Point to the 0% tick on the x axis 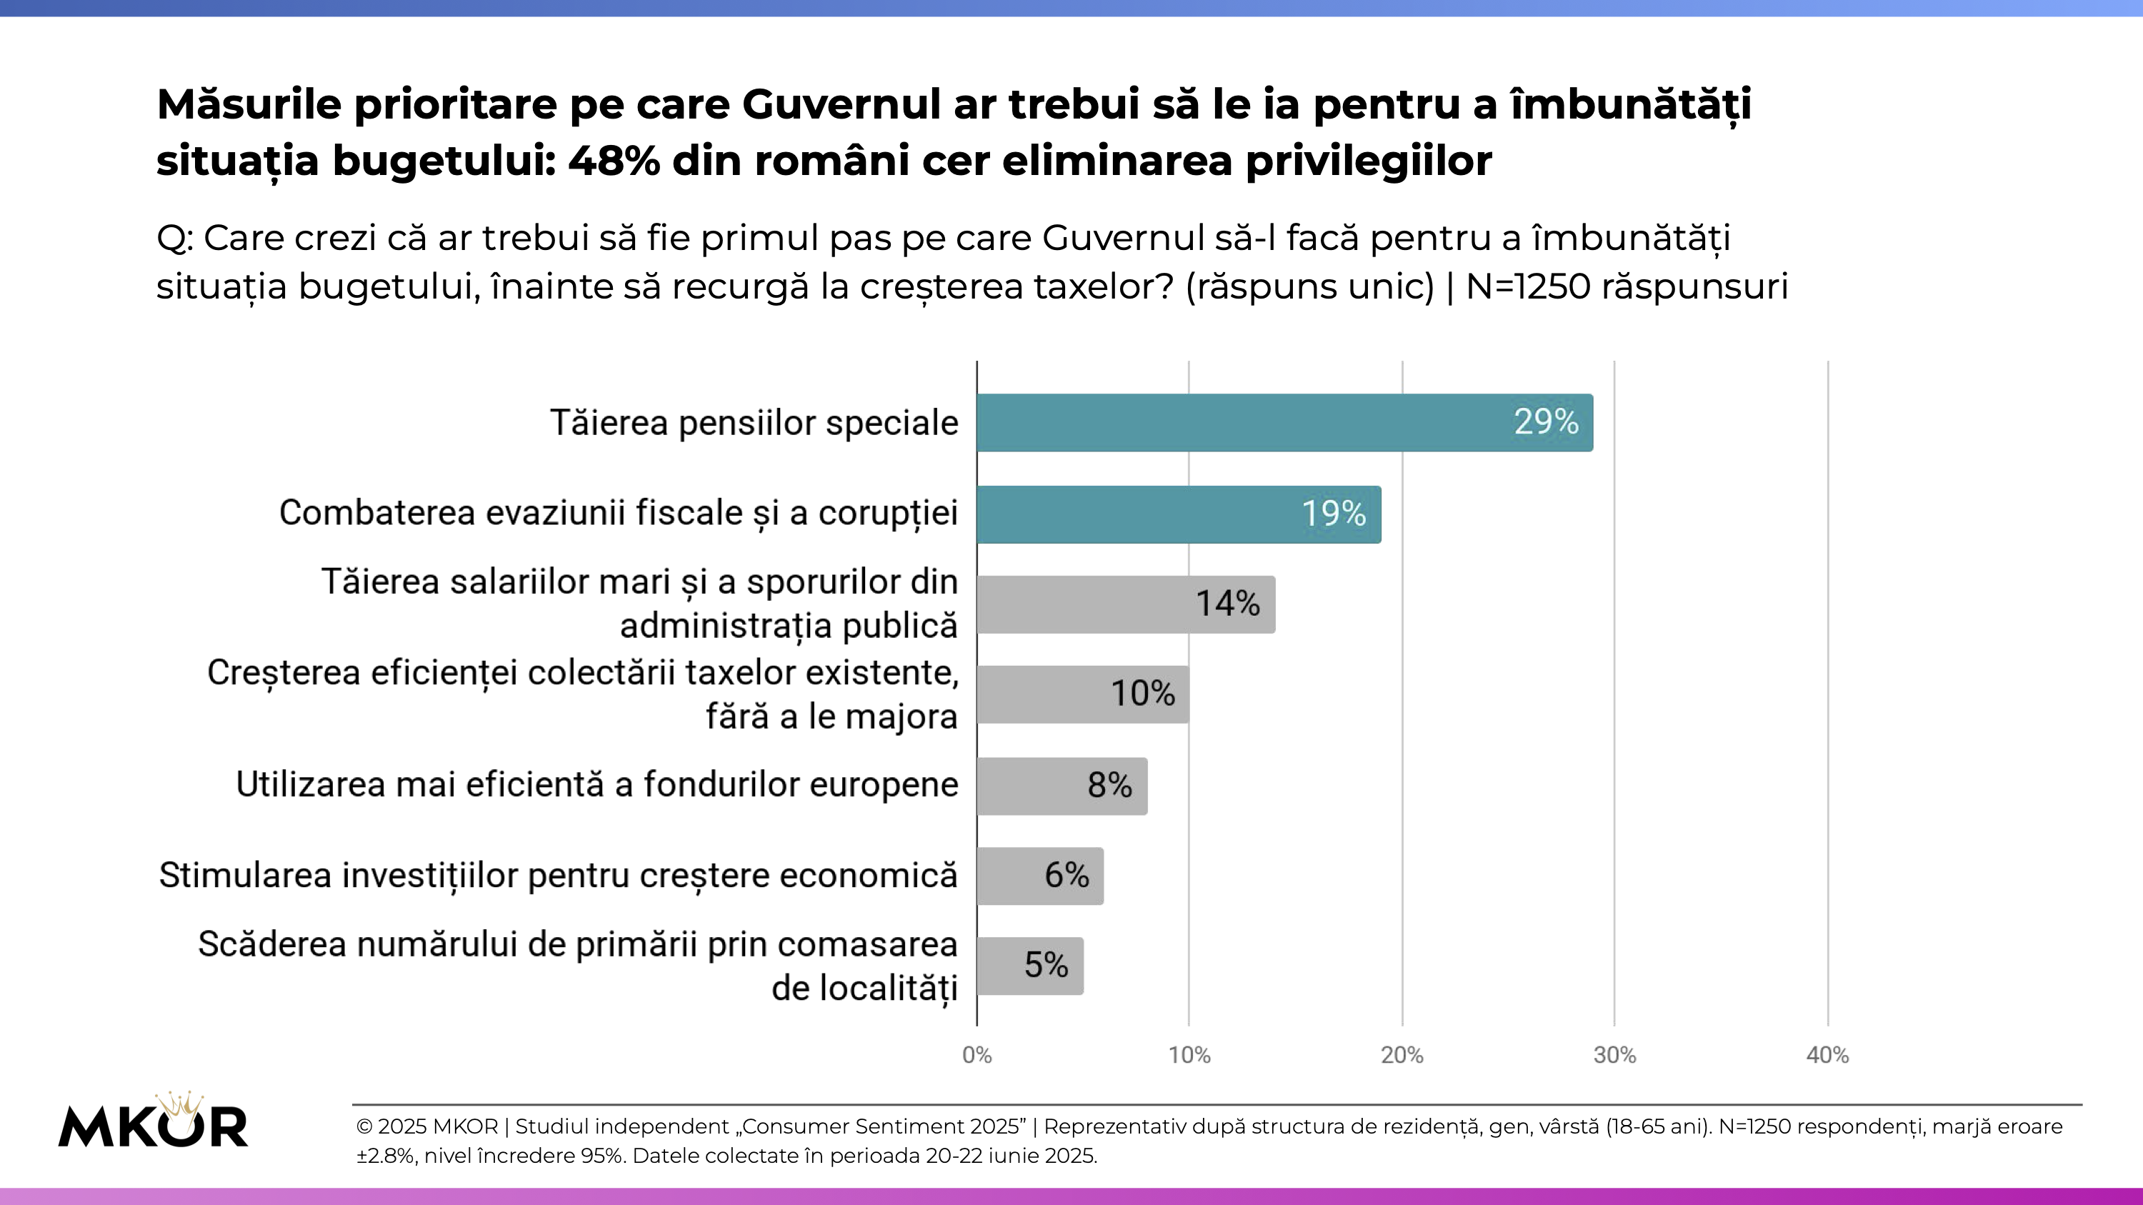click(976, 1055)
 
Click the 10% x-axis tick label click(1189, 1055)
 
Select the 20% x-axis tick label click(1402, 1055)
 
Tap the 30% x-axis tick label click(1614, 1055)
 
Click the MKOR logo click(153, 1123)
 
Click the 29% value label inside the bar click(1546, 422)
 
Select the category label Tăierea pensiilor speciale click(754, 422)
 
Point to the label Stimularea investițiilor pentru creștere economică click(558, 876)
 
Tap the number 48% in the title click(614, 161)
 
